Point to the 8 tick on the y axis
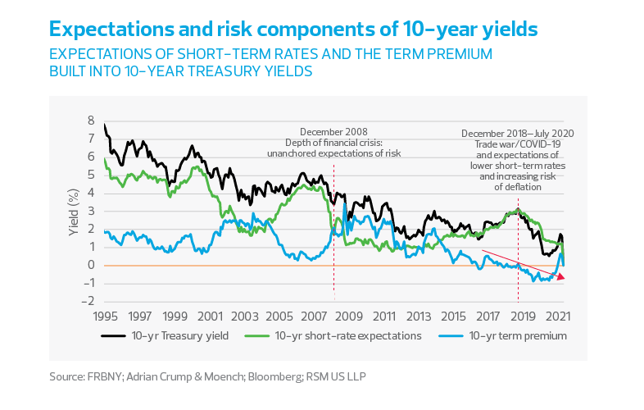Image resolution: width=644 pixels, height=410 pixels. tap(93, 121)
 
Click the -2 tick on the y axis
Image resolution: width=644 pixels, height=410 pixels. tap(90, 301)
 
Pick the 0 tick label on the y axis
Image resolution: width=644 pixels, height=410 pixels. tap(93, 265)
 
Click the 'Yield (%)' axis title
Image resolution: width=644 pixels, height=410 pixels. tap(74, 209)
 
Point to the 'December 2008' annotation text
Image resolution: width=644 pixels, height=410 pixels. tap(334, 131)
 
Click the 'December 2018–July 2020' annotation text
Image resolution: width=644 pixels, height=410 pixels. tap(519, 133)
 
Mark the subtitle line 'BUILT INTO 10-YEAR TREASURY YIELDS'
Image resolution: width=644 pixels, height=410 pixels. tap(181, 71)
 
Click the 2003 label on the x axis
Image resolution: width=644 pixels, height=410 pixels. tap(244, 316)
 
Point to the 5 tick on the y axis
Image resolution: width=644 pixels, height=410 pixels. tap(93, 175)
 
